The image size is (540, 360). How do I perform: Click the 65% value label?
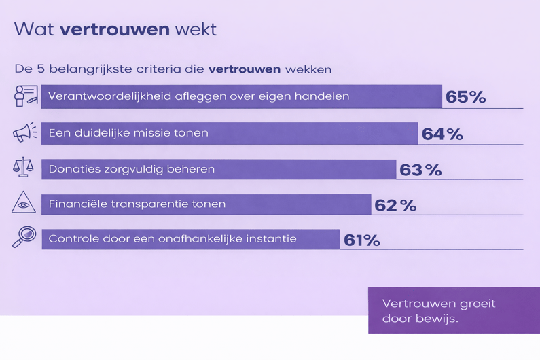click(466, 97)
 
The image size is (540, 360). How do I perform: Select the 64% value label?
click(442, 134)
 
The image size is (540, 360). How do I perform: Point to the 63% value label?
click(420, 169)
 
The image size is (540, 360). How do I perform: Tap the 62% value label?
click(395, 204)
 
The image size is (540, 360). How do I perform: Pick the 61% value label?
click(362, 240)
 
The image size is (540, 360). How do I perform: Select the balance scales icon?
click(24, 166)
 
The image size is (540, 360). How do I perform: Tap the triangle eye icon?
click(24, 203)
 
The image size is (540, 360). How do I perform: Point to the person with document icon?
click(26, 96)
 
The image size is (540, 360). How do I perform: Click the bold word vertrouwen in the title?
click(114, 29)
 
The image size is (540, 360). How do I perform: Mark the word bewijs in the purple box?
click(437, 319)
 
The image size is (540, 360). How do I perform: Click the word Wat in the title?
click(33, 29)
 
